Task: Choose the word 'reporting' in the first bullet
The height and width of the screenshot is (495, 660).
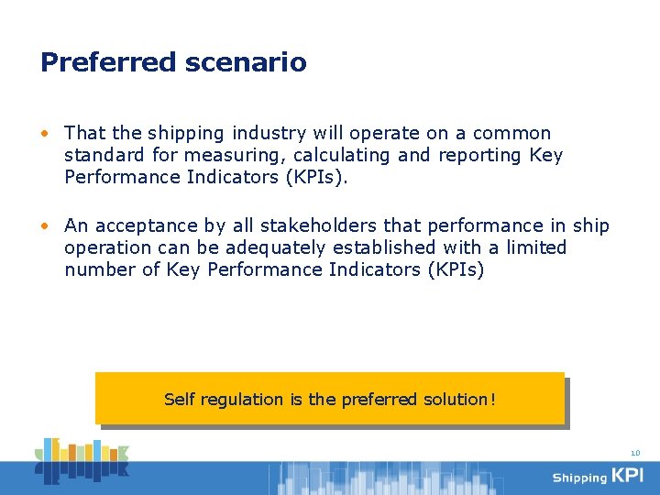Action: pyautogui.click(x=480, y=156)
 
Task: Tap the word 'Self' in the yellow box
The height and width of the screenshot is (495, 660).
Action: pyautogui.click(x=180, y=400)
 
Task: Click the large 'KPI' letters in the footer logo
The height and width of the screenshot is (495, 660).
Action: pyautogui.click(x=628, y=476)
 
